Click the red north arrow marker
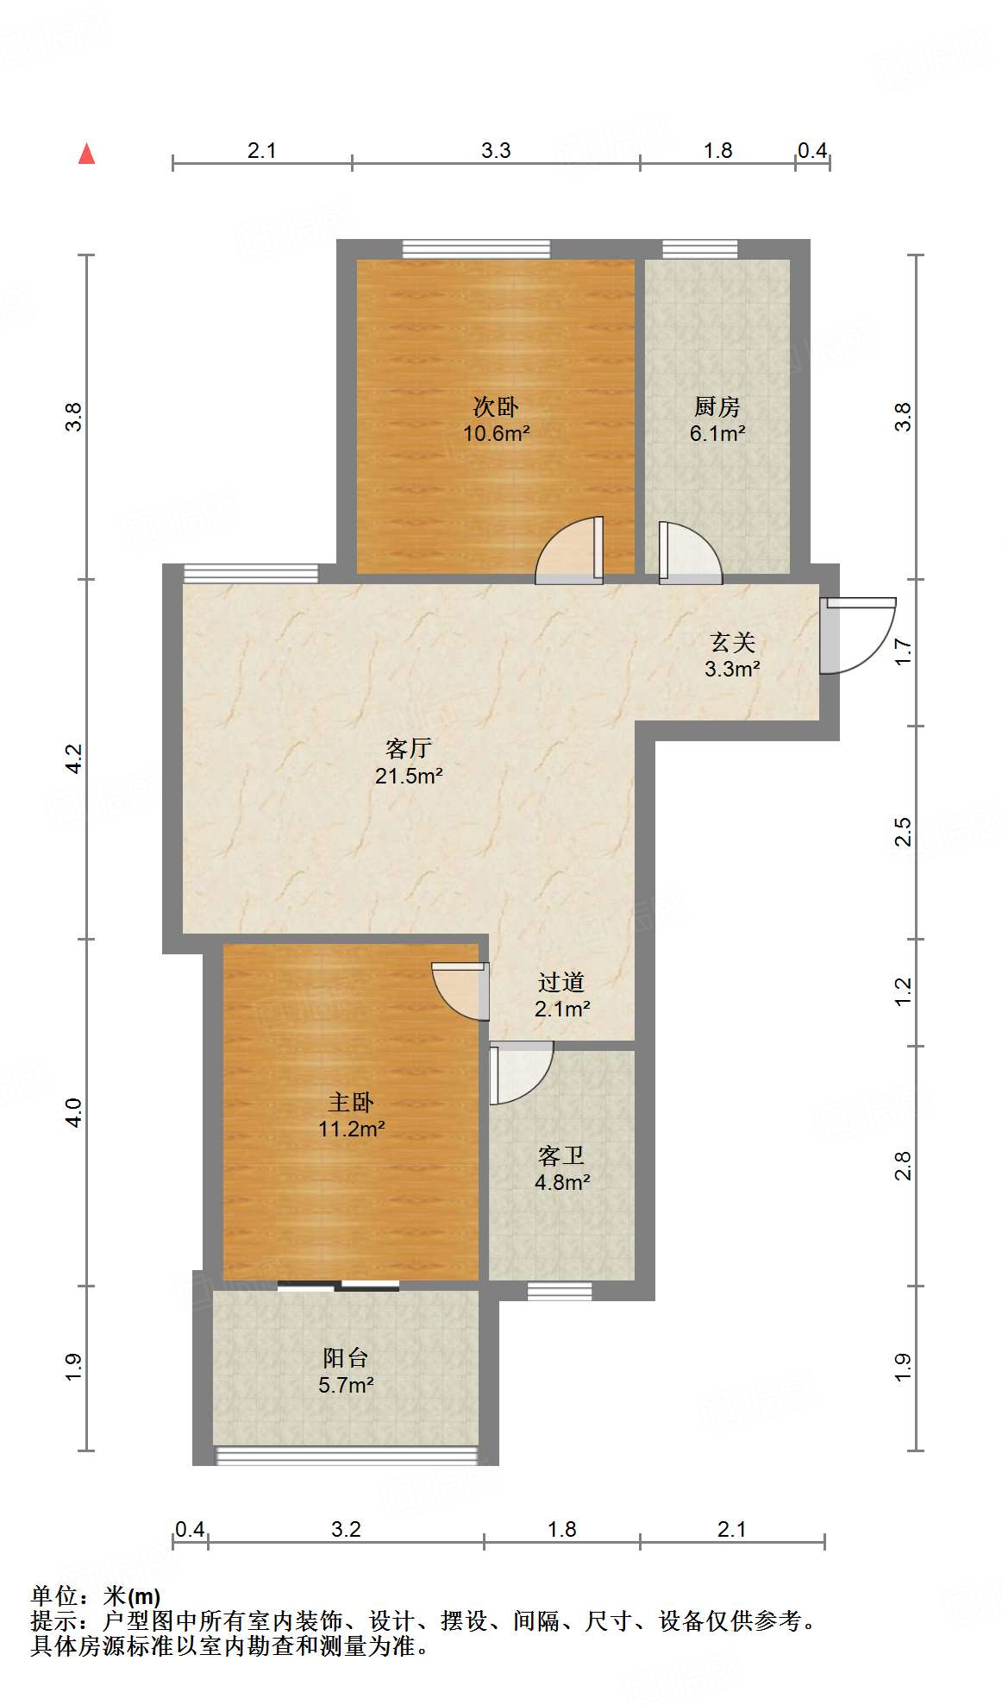click(x=86, y=154)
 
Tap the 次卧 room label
click(x=496, y=406)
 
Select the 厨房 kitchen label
click(x=717, y=406)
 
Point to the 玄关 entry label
click(x=732, y=642)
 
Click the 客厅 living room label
click(x=408, y=748)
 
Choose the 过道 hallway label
click(x=561, y=982)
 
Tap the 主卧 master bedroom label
click(x=351, y=1102)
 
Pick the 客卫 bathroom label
click(x=561, y=1155)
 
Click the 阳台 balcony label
click(x=346, y=1358)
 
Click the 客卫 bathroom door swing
click(x=519, y=1071)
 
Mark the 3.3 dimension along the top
click(x=496, y=151)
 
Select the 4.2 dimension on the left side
click(x=74, y=758)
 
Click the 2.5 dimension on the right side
click(x=903, y=832)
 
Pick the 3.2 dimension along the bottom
click(x=346, y=1530)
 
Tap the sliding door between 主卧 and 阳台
click(x=339, y=1287)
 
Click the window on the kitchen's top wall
click(x=700, y=249)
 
